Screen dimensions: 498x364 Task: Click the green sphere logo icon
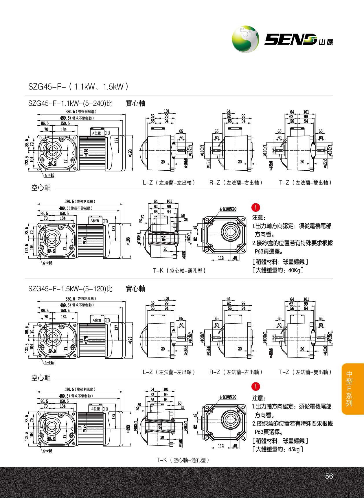pyautogui.click(x=246, y=39)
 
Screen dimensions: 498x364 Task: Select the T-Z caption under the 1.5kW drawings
pyautogui.click(x=305, y=372)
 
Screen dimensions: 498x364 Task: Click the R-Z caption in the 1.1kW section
pyautogui.click(x=236, y=183)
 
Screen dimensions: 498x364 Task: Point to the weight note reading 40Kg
pyautogui.click(x=277, y=270)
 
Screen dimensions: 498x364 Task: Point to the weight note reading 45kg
pyautogui.click(x=277, y=449)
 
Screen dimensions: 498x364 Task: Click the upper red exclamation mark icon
pyautogui.click(x=256, y=207)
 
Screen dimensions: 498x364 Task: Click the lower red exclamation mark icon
pyautogui.click(x=256, y=386)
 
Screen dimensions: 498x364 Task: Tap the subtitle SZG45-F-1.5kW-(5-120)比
pyautogui.click(x=70, y=289)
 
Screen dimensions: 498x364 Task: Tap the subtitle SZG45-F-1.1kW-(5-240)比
pyautogui.click(x=70, y=103)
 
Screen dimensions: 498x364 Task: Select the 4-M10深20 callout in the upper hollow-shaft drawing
pyautogui.click(x=228, y=209)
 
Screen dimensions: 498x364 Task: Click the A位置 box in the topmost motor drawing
pyautogui.click(x=97, y=133)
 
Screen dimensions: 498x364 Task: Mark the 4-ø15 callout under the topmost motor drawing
pyautogui.click(x=49, y=175)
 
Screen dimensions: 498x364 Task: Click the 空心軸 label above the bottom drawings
pyautogui.click(x=41, y=378)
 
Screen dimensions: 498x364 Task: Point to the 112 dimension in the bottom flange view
pyautogui.click(x=221, y=446)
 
